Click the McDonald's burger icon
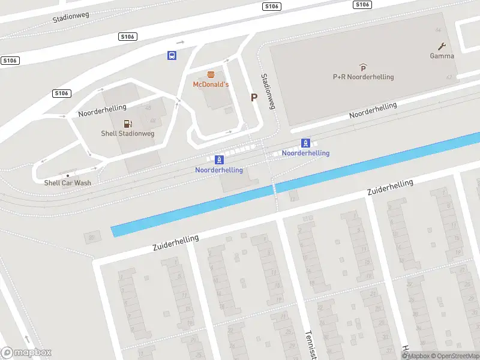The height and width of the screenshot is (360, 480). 211,75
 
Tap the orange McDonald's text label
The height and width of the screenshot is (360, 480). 211,85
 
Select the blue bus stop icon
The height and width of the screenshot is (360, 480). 172,56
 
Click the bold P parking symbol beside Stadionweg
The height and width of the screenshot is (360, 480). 254,97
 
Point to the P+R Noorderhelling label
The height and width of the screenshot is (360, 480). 363,77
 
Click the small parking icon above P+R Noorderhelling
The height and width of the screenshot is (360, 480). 363,68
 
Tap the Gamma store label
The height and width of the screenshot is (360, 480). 442,56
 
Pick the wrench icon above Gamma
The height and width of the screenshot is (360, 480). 442,46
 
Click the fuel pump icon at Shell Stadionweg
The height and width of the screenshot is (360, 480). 127,124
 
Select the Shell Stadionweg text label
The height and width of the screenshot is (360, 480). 127,134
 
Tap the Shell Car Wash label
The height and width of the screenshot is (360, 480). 67,183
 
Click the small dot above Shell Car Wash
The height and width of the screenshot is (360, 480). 67,175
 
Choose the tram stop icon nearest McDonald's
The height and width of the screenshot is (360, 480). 219,160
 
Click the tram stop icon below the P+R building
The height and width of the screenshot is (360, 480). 305,143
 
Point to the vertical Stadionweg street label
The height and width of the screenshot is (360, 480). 267,91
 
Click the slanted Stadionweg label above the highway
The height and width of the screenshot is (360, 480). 71,14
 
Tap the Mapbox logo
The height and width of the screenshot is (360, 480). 26,353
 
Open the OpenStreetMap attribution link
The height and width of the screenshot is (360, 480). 455,356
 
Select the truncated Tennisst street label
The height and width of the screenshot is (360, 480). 310,345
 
